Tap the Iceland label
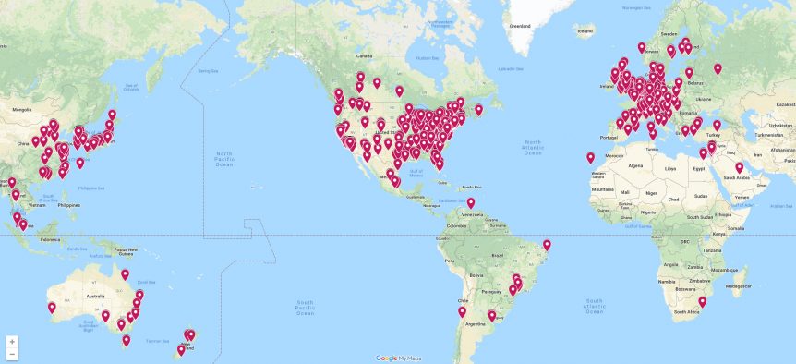coord(584,30)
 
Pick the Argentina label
coord(476,325)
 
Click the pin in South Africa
coord(702,302)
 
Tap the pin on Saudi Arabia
coord(739,168)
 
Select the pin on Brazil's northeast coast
coord(547,246)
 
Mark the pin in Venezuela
coord(470,204)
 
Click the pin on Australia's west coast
coord(52,309)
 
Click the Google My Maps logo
coord(399,358)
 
